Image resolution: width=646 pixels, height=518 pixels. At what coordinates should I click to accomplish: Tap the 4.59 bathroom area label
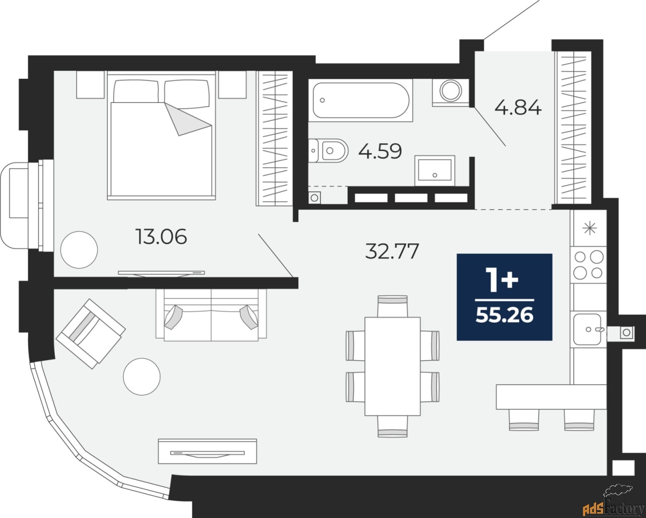click(x=380, y=150)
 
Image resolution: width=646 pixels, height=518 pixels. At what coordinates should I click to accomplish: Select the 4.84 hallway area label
click(x=518, y=108)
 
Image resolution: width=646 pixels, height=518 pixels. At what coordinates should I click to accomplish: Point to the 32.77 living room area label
click(x=392, y=251)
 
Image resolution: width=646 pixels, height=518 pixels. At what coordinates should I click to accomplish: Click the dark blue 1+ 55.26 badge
click(x=504, y=296)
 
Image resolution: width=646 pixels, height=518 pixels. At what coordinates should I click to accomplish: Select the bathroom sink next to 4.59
click(x=435, y=171)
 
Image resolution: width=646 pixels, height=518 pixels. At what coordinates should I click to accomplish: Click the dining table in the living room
click(x=392, y=366)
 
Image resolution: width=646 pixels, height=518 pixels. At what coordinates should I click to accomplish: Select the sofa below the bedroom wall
click(x=210, y=316)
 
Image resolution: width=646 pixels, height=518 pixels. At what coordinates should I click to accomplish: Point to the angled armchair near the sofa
click(x=91, y=333)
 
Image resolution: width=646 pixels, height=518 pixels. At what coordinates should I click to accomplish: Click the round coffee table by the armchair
click(x=142, y=376)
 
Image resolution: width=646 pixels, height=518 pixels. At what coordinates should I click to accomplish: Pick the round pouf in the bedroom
click(x=79, y=249)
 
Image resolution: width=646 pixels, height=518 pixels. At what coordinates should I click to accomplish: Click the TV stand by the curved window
click(x=208, y=450)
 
